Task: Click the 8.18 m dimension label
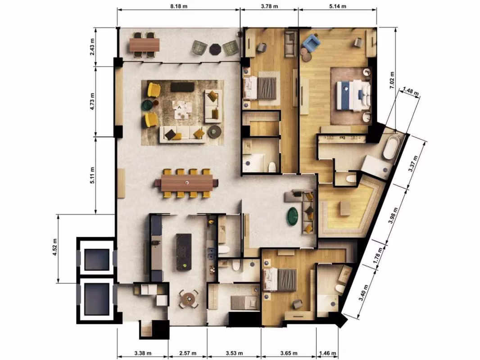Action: (x=178, y=6)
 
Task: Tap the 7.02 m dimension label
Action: (x=392, y=80)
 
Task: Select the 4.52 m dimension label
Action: (x=55, y=247)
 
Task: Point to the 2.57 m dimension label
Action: (x=187, y=353)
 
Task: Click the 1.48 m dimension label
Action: (x=411, y=91)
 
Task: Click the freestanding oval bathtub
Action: (x=391, y=147)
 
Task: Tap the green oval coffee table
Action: (x=293, y=216)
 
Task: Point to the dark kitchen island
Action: (x=184, y=252)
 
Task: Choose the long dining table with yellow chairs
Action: (x=187, y=183)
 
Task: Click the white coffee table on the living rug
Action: (x=182, y=109)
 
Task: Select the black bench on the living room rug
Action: (x=182, y=87)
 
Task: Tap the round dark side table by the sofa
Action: (x=215, y=131)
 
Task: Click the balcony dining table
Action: (x=145, y=45)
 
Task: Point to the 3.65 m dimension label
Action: (x=289, y=353)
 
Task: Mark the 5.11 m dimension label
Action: (x=92, y=175)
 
